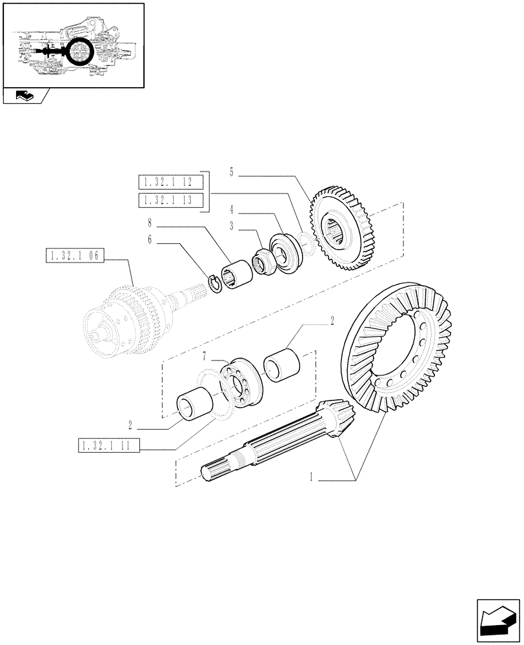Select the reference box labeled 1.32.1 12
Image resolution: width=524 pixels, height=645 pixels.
(170, 181)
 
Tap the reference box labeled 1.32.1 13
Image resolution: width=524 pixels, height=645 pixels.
(170, 201)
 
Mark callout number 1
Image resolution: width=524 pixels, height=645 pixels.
(312, 478)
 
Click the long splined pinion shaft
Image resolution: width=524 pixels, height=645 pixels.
(271, 445)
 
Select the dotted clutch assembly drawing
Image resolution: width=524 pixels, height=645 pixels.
(129, 316)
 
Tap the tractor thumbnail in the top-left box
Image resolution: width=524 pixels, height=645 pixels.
(73, 45)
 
